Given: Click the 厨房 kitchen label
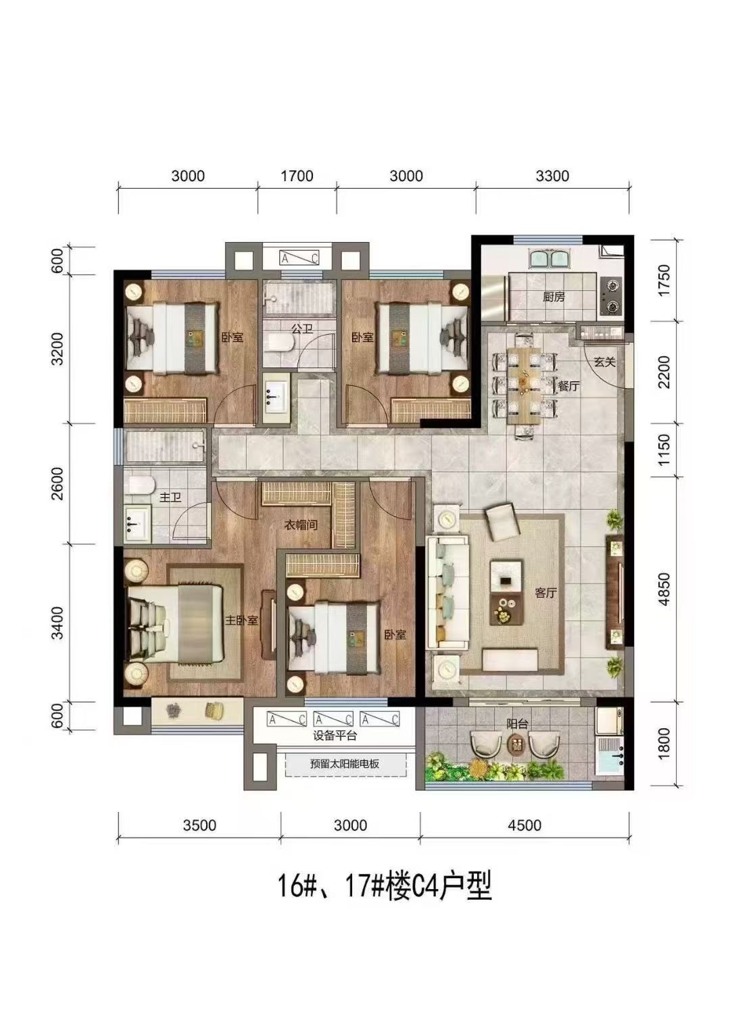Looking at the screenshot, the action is tap(554, 297).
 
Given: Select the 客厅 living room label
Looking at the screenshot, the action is tap(546, 593).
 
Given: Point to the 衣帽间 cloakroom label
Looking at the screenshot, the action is tap(301, 525).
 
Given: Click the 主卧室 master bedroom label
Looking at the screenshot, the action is tap(241, 620).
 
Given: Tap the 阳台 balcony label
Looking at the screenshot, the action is tap(517, 724).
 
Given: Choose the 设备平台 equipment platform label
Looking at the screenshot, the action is tap(335, 736).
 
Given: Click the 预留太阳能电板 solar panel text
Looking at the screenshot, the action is tap(345, 764).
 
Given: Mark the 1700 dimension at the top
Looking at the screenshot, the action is tap(297, 176).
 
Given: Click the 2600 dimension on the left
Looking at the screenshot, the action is tap(58, 484).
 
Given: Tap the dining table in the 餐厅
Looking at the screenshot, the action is tap(525, 385).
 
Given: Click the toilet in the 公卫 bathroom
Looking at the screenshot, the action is tap(281, 343).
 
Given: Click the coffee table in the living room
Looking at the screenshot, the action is tap(507, 593).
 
